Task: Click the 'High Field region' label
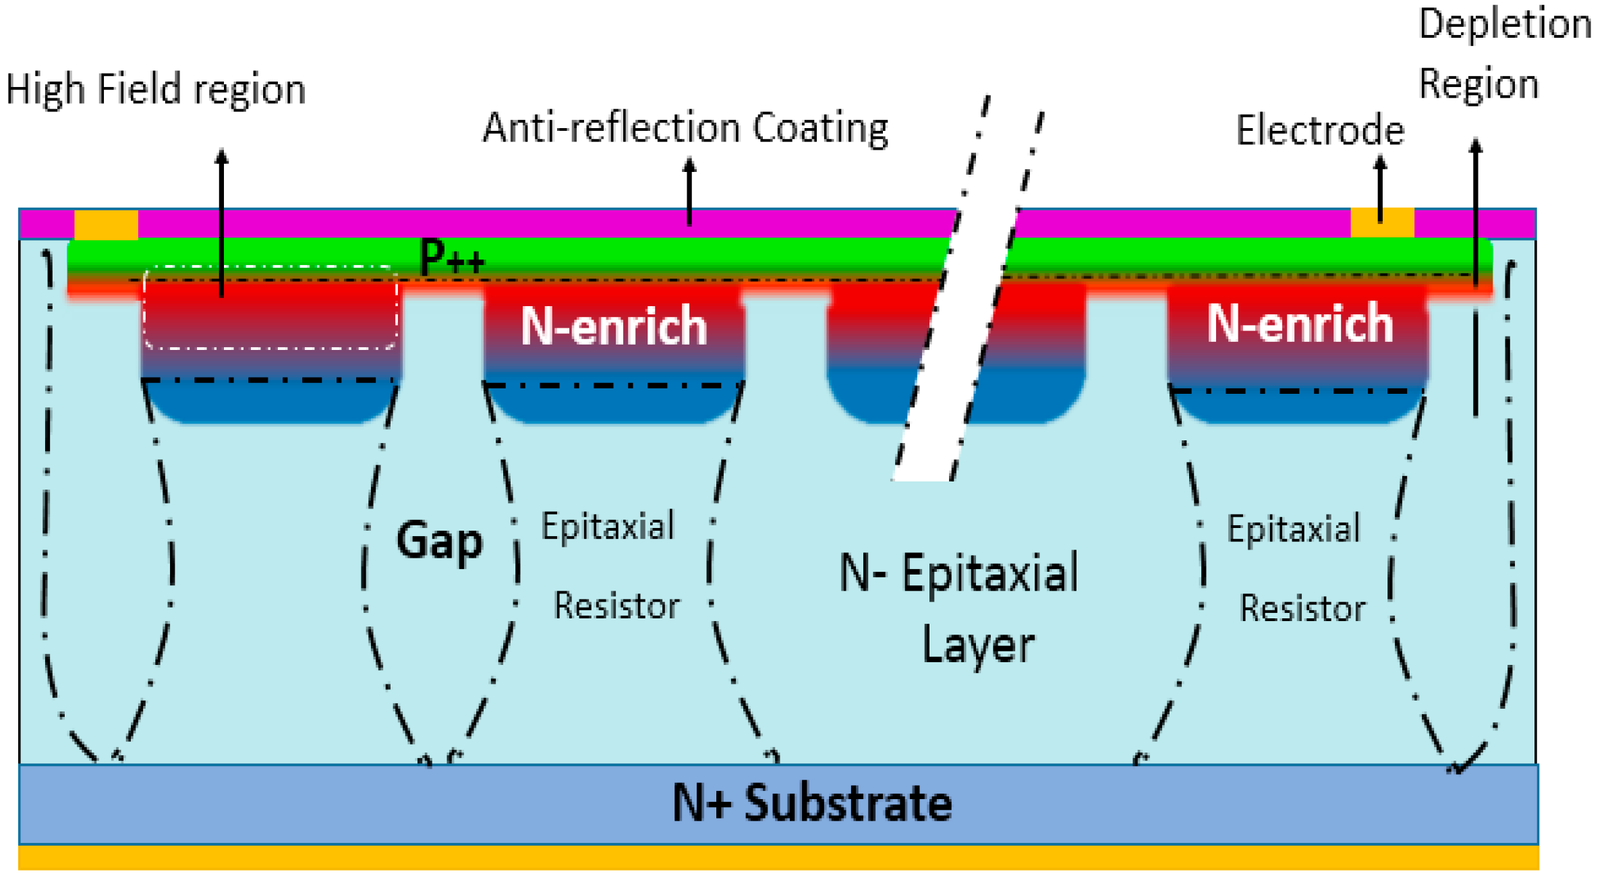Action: pyautogui.click(x=156, y=89)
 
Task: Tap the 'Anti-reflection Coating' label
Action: pyautogui.click(x=685, y=127)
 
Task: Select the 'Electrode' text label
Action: pyautogui.click(x=1319, y=130)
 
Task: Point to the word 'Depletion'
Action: pyautogui.click(x=1505, y=24)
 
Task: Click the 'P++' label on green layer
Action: pyautogui.click(x=451, y=257)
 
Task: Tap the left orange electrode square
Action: pyautogui.click(x=106, y=225)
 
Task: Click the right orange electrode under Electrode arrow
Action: pyautogui.click(x=1381, y=223)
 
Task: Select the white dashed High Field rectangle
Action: pyautogui.click(x=270, y=307)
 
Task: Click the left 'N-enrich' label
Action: pyautogui.click(x=613, y=326)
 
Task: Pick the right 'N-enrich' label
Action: pyautogui.click(x=1299, y=324)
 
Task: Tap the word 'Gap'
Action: pyautogui.click(x=439, y=541)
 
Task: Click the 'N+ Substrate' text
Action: pyautogui.click(x=811, y=803)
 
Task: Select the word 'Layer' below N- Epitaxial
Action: pyautogui.click(x=977, y=645)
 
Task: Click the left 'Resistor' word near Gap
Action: pyautogui.click(x=616, y=606)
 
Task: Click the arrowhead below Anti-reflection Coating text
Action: pyautogui.click(x=689, y=164)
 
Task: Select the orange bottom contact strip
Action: pyautogui.click(x=778, y=858)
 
